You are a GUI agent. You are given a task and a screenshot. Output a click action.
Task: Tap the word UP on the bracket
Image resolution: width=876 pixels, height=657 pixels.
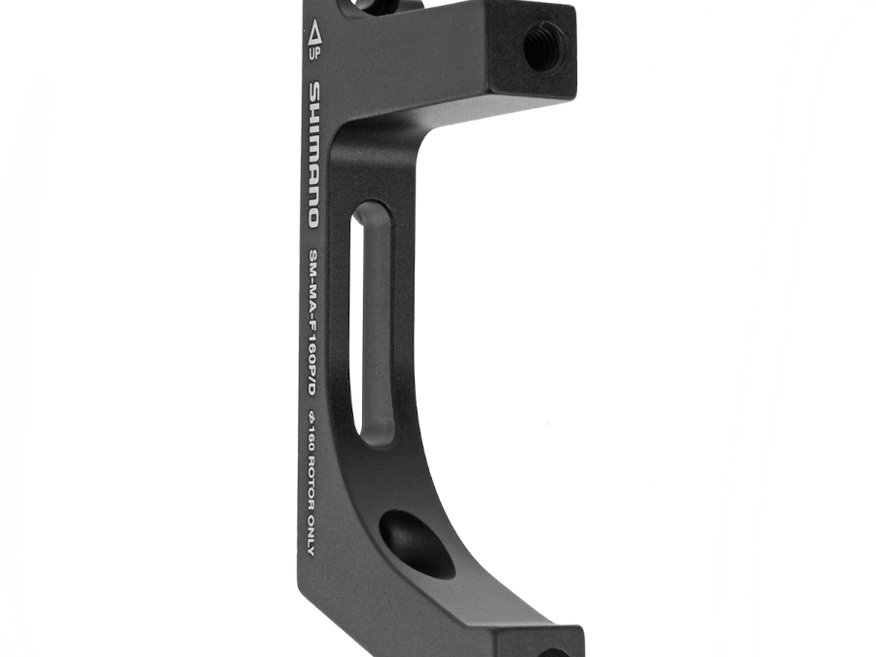tap(315, 55)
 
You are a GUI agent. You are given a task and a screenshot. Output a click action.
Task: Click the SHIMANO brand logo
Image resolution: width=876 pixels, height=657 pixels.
tap(314, 155)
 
